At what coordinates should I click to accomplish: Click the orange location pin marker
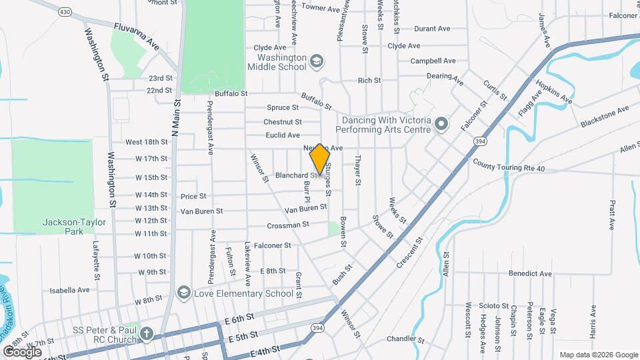320,159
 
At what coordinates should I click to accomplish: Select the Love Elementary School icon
182,293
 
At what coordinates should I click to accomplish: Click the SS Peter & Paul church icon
147,334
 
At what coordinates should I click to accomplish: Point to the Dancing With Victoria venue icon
440,125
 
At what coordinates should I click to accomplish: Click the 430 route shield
65,12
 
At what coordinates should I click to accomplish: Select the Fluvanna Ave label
137,35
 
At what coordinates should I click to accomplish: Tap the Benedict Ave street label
530,273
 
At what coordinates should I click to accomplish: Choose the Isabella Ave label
70,290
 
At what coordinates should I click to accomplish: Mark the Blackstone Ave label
605,117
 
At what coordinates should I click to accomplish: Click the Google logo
22,351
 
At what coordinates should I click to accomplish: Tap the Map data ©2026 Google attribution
597,355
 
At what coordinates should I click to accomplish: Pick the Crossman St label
287,225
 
